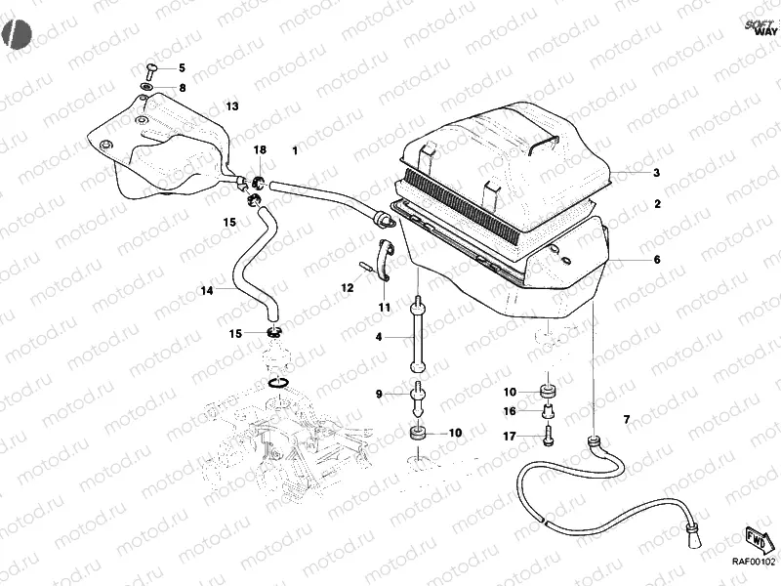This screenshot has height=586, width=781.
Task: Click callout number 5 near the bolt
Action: pos(181,69)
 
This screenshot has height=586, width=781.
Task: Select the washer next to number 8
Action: pos(145,88)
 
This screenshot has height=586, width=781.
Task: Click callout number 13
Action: pos(232,105)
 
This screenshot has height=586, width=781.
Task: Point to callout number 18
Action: pos(260,149)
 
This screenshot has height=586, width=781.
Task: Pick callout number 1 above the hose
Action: pos(295,151)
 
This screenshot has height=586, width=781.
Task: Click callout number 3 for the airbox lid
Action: pos(657,173)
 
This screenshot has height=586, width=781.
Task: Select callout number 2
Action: pos(657,205)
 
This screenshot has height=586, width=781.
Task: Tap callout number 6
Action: pos(657,261)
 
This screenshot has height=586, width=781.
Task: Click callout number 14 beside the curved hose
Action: pos(207,290)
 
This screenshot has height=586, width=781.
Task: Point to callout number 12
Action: pos(347,288)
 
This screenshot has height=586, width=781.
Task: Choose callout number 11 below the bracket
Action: pos(384,308)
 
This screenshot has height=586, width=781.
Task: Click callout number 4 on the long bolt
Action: pos(379,337)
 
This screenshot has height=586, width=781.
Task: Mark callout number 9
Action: pos(380,394)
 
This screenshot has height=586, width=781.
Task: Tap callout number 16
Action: pos(509,411)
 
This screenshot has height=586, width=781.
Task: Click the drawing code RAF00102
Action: pos(753,561)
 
